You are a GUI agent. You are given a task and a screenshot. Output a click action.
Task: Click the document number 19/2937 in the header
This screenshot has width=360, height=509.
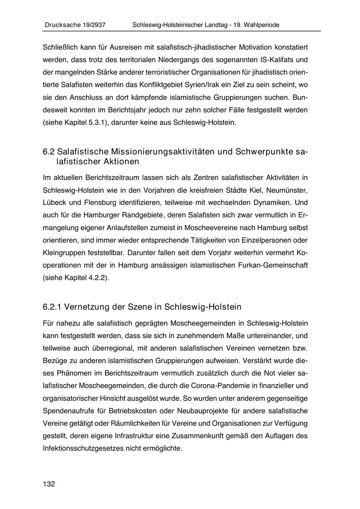coord(92,25)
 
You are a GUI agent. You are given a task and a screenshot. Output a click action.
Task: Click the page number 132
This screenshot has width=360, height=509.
coord(49,484)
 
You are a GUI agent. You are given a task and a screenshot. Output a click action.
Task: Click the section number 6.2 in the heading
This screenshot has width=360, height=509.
coord(49,152)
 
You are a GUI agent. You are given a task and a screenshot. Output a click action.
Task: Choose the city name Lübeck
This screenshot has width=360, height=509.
coord(54,202)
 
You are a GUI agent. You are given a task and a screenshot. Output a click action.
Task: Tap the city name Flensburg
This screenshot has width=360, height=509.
coord(96,202)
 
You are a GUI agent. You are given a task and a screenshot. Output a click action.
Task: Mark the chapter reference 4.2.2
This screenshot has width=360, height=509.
coord(96,278)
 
